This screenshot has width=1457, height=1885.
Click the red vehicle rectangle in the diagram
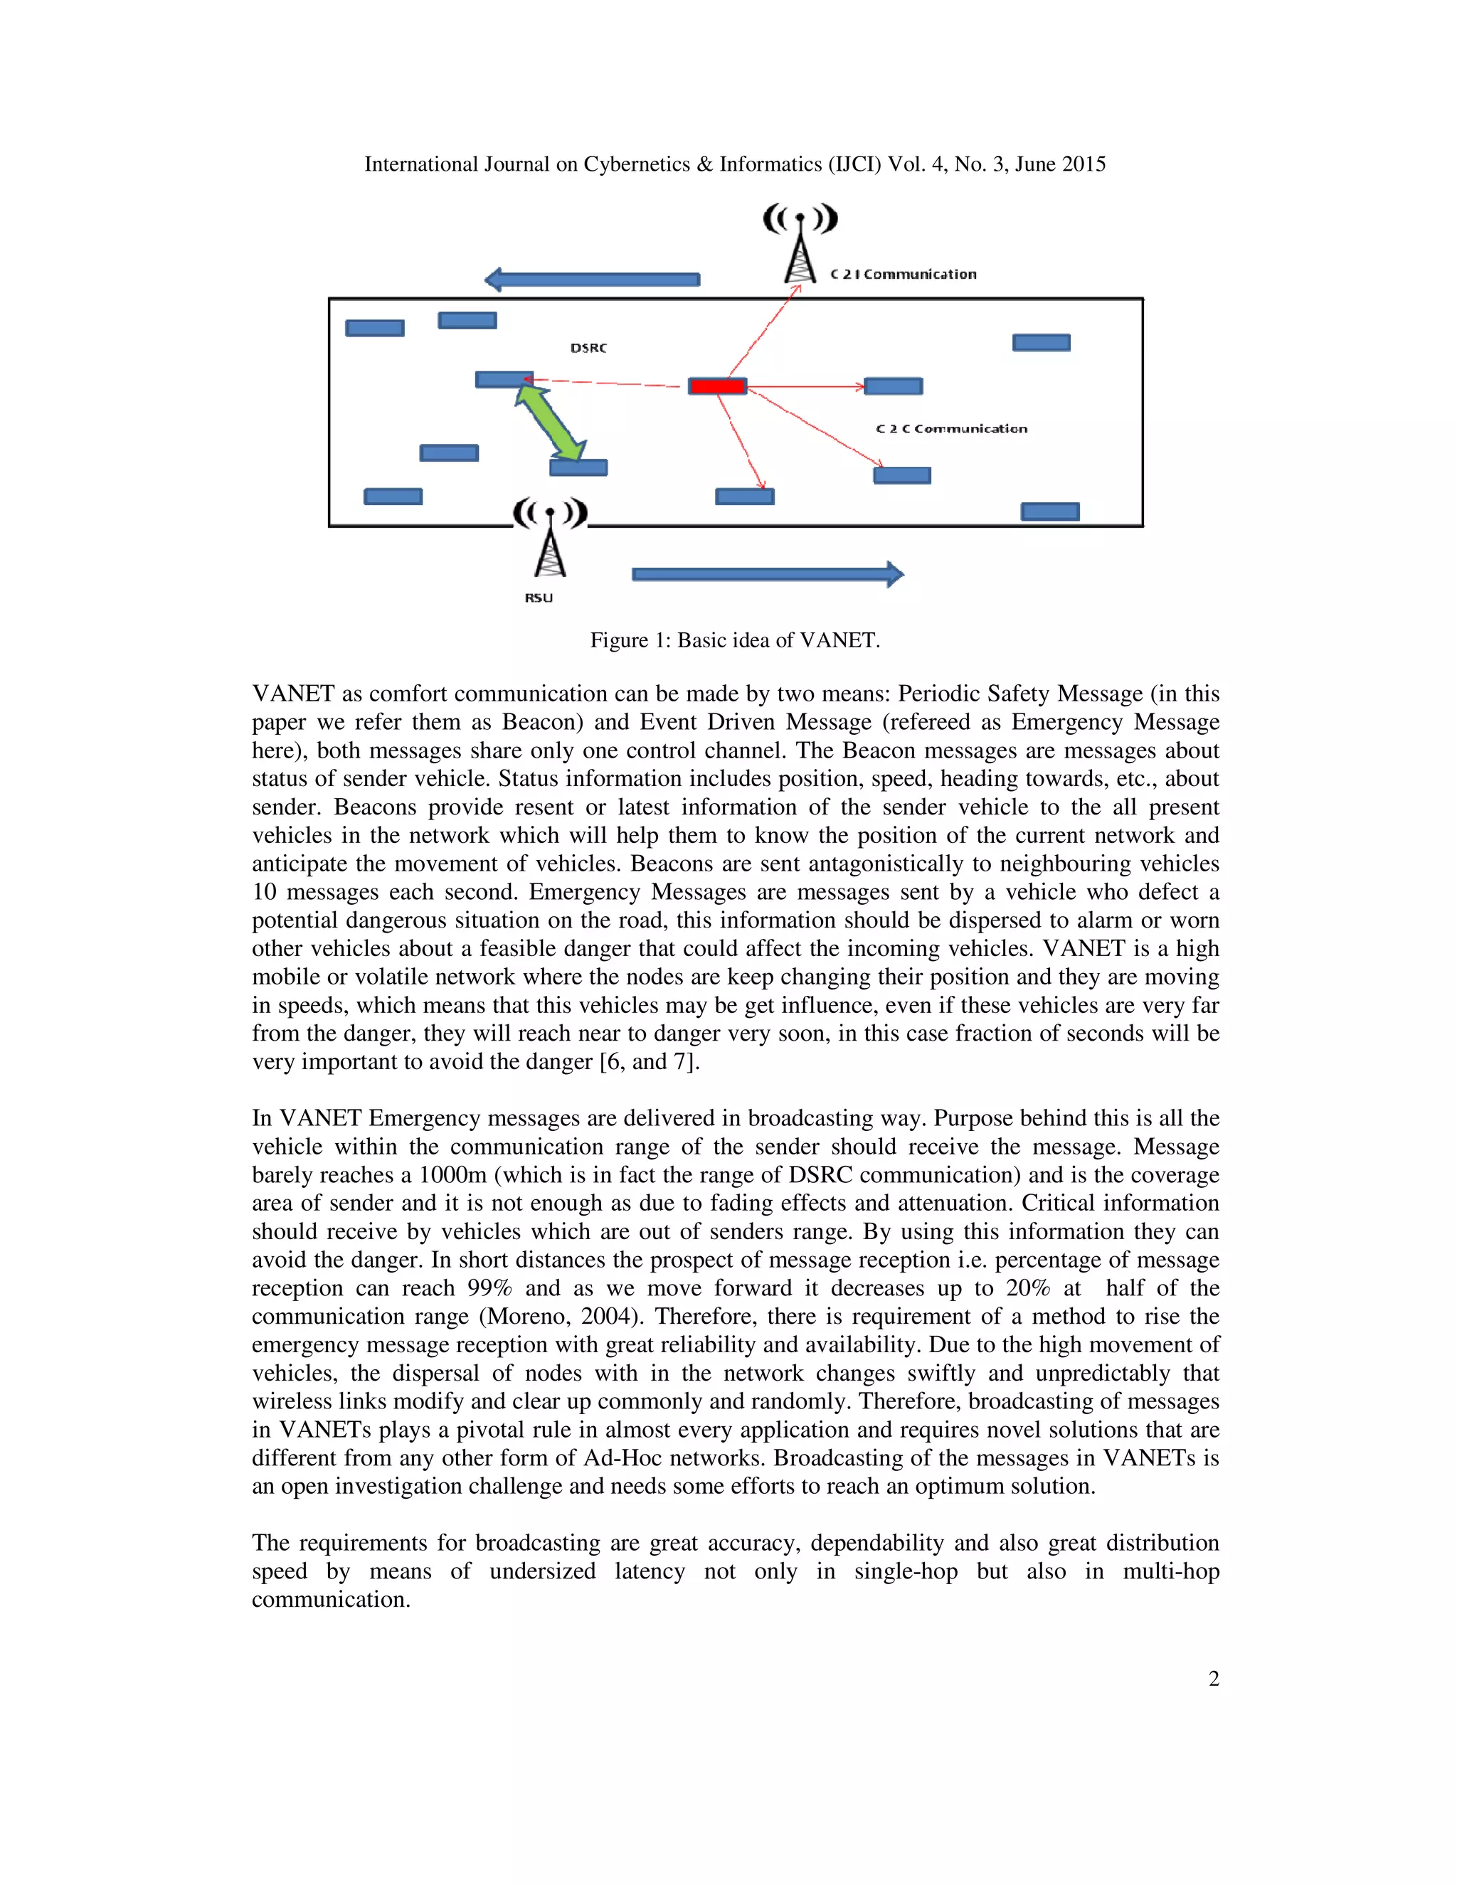717,386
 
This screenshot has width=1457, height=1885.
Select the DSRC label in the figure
588,348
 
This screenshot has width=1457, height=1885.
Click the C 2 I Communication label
903,275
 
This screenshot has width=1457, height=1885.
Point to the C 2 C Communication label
951,429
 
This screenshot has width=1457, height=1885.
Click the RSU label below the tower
539,598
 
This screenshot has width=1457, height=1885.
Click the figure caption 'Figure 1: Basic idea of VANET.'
734,639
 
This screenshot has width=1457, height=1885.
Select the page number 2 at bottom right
1214,1678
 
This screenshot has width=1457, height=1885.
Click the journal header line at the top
734,164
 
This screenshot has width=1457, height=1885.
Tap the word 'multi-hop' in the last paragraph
1170,1571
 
